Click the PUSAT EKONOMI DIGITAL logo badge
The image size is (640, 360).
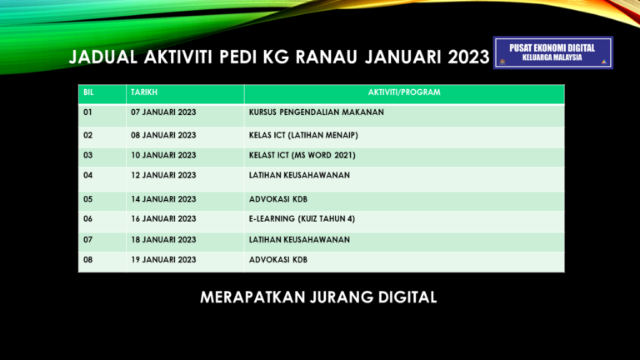552,52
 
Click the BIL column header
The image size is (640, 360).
89,92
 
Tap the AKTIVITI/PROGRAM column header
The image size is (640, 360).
404,92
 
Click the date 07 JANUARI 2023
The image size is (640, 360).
163,112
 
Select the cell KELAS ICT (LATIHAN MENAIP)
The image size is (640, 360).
303,135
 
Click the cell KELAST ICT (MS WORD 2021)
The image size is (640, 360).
307,155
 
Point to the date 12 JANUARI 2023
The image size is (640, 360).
163,175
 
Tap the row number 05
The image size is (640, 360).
88,199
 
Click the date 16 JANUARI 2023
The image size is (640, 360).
163,219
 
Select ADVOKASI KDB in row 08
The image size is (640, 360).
278,260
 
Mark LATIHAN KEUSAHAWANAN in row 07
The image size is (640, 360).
299,240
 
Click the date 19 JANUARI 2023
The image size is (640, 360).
163,260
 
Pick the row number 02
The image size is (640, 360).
88,135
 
